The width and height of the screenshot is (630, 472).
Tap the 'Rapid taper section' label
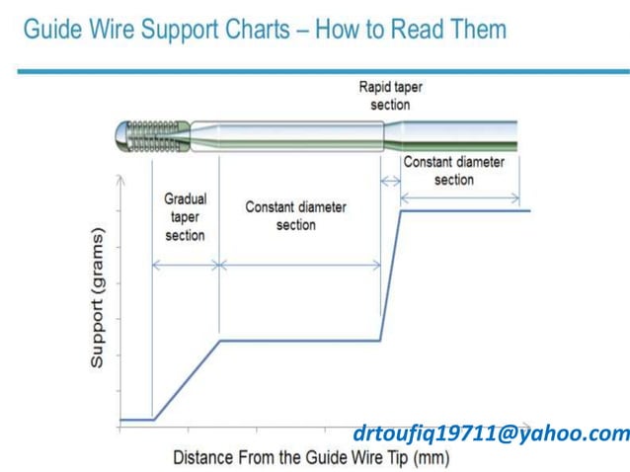coord(390,95)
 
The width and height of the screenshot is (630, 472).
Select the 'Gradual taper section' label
coord(185,216)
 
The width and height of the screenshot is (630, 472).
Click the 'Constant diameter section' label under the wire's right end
coord(453,170)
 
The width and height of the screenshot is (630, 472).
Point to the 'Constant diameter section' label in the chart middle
coord(295,215)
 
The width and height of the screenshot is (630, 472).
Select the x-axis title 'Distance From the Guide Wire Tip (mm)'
coord(311,457)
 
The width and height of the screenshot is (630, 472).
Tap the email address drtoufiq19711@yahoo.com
coord(490,433)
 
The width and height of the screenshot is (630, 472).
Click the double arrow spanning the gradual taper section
coord(185,265)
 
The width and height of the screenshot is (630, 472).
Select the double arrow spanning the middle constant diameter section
coord(299,265)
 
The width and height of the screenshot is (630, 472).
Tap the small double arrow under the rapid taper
coord(390,180)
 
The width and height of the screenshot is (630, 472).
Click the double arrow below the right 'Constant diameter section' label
coord(459,197)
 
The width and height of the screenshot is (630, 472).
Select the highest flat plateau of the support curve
coord(464,210)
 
